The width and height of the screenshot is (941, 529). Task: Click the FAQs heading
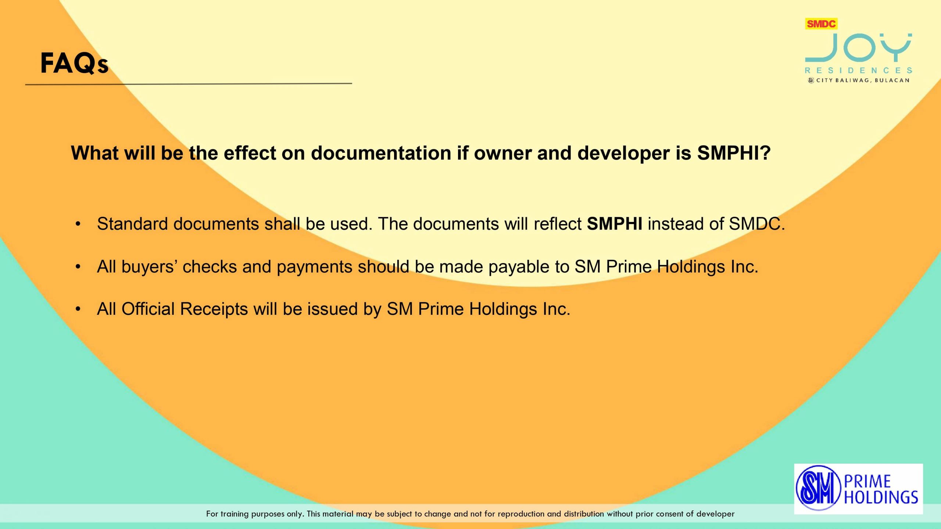(74, 63)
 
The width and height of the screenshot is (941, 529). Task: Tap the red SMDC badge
(821, 24)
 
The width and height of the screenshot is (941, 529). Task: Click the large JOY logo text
(859, 48)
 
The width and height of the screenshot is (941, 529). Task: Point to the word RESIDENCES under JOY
(859, 70)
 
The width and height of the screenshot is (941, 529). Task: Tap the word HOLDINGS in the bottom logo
(881, 497)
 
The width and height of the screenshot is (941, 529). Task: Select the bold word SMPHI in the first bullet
(615, 224)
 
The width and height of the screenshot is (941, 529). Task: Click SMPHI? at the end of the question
(734, 153)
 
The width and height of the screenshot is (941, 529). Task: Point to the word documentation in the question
(381, 153)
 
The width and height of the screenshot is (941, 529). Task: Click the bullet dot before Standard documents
(78, 224)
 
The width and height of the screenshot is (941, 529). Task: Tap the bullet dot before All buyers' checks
(78, 267)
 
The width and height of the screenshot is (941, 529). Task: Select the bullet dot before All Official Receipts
(78, 309)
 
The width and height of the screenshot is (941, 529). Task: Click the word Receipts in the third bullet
(214, 309)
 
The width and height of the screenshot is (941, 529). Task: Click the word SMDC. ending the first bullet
(757, 224)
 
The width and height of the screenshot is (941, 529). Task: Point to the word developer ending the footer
(715, 514)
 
